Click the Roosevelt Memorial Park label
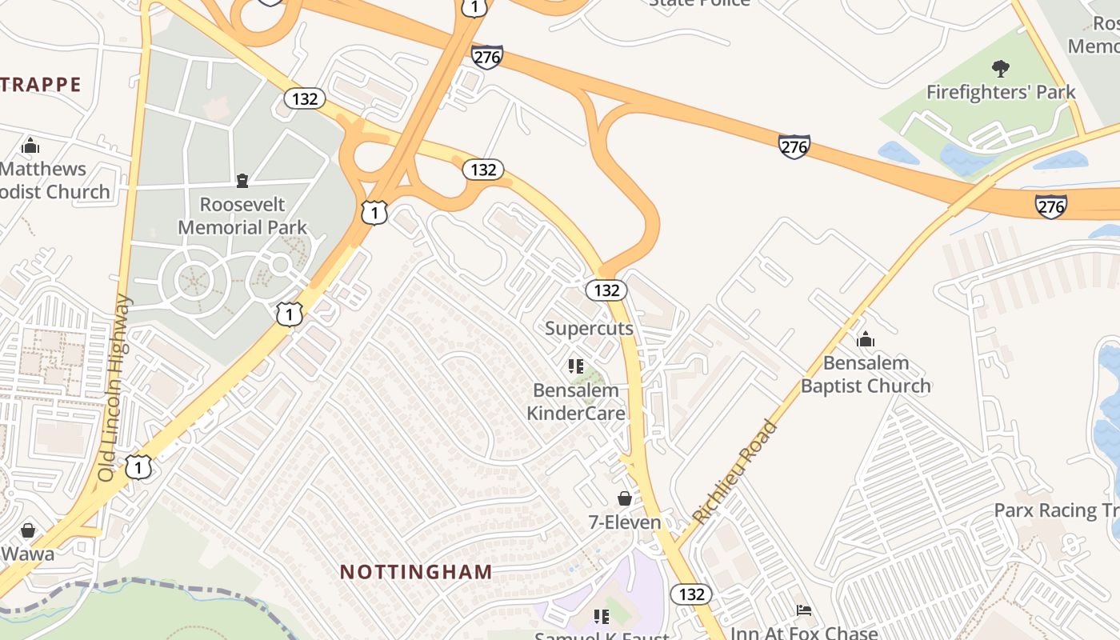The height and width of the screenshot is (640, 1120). (242, 216)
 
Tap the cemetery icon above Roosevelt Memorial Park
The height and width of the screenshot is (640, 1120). (242, 180)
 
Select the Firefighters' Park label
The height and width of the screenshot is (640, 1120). (1001, 92)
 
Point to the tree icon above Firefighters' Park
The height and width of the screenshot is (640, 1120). (1000, 68)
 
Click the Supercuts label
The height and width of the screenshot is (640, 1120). (589, 328)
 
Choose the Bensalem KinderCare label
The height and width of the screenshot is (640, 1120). (576, 402)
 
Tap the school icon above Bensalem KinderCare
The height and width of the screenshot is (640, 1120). (575, 366)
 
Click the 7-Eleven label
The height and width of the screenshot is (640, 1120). (625, 522)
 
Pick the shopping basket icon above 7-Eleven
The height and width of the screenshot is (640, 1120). (625, 498)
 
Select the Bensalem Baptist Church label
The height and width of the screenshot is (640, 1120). (866, 374)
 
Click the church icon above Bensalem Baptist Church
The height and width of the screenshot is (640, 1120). (866, 340)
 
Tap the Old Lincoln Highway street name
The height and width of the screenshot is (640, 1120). (114, 388)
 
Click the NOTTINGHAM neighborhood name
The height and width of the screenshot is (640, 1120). (416, 571)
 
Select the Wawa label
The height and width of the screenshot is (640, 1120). (28, 554)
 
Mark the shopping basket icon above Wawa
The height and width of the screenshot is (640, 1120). (28, 530)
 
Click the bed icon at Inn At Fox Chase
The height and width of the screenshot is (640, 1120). (804, 610)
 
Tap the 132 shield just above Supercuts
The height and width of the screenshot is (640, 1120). (606, 290)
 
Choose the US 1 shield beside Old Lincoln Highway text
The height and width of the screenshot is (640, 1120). (138, 466)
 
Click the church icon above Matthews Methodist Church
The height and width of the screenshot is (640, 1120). (30, 146)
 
